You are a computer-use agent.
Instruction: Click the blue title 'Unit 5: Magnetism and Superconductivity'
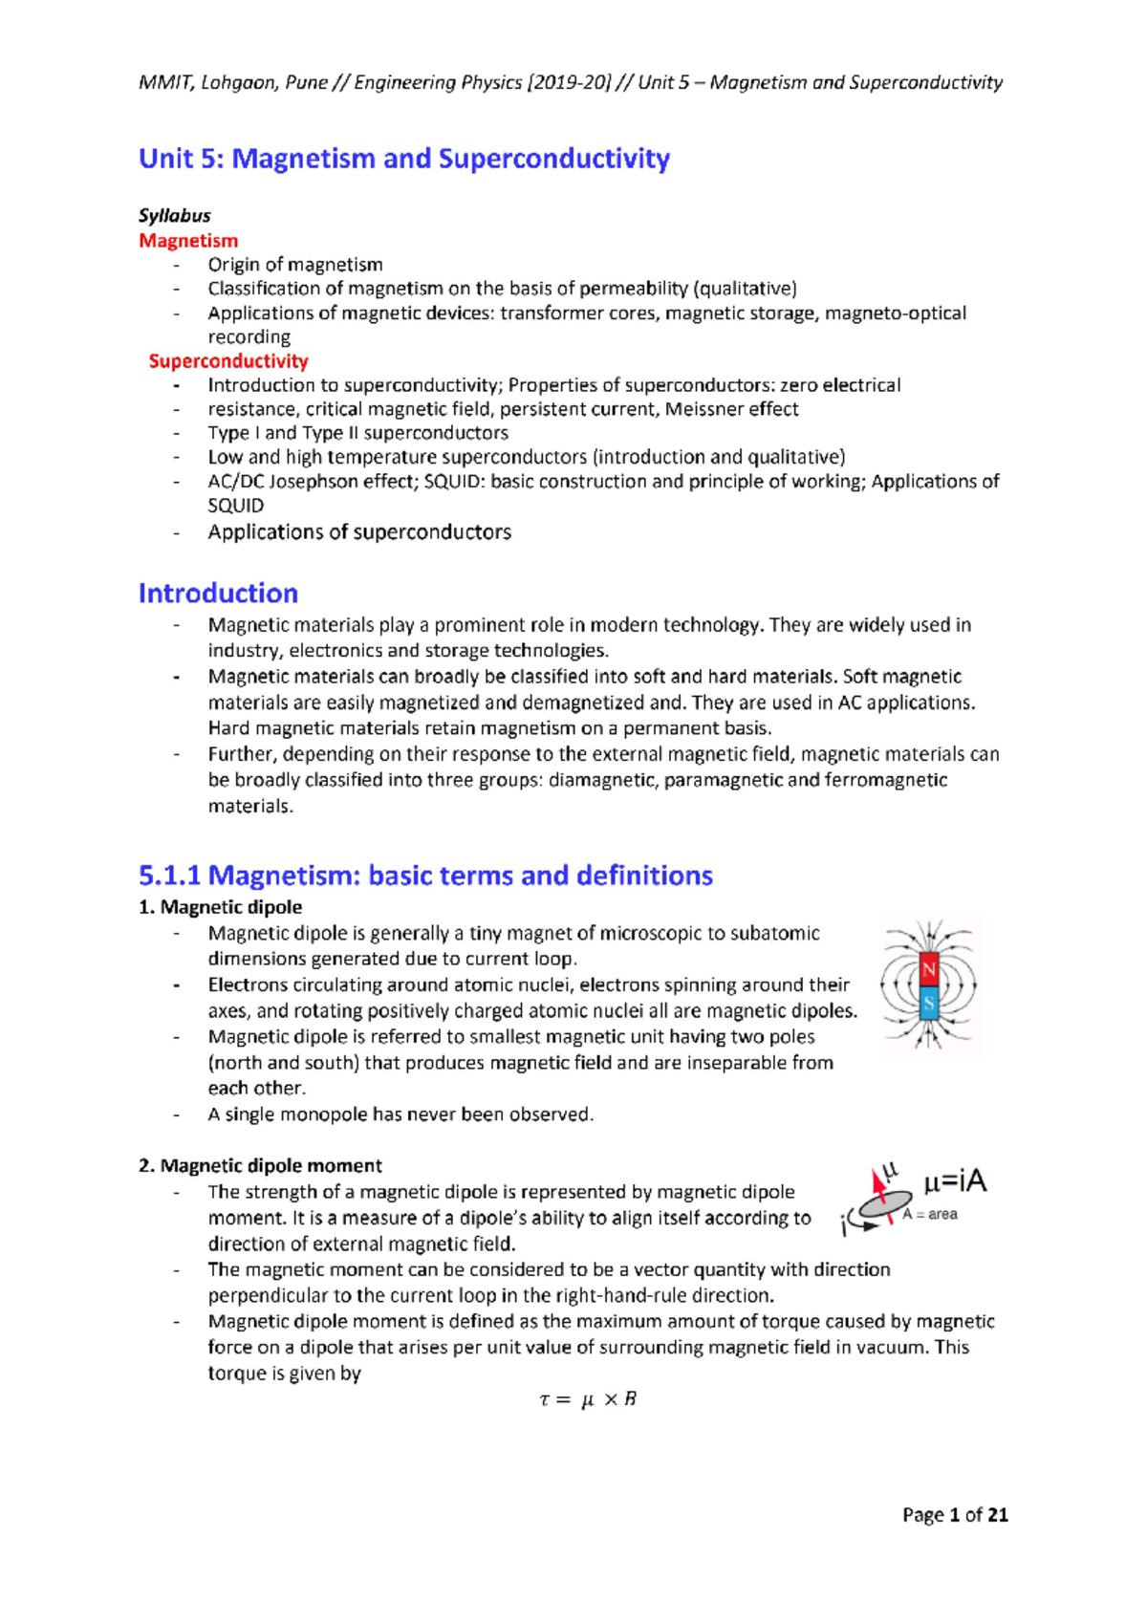tap(403, 159)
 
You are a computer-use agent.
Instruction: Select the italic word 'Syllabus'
tap(174, 216)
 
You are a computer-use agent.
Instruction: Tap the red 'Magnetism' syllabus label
tap(188, 241)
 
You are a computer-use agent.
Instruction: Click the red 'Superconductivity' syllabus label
tap(228, 361)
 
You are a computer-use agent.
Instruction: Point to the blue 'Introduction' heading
tap(218, 594)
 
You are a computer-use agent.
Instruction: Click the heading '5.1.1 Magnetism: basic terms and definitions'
tap(425, 876)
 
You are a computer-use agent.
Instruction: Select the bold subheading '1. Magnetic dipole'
tap(220, 907)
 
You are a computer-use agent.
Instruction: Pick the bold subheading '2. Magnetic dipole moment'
tap(260, 1166)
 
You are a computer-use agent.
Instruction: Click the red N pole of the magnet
tap(928, 971)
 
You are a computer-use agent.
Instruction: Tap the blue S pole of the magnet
tap(928, 1005)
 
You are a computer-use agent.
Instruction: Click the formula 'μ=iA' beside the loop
tap(954, 1183)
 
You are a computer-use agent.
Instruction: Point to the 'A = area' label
tap(929, 1215)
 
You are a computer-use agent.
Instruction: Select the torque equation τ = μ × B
tap(587, 1400)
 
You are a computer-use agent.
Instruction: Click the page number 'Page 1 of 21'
tap(955, 1515)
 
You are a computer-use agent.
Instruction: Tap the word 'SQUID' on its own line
tap(235, 506)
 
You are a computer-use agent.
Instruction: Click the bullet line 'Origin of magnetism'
tap(294, 265)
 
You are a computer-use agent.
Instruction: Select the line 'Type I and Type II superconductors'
tap(357, 433)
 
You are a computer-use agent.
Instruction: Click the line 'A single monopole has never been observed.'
tap(400, 1114)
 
